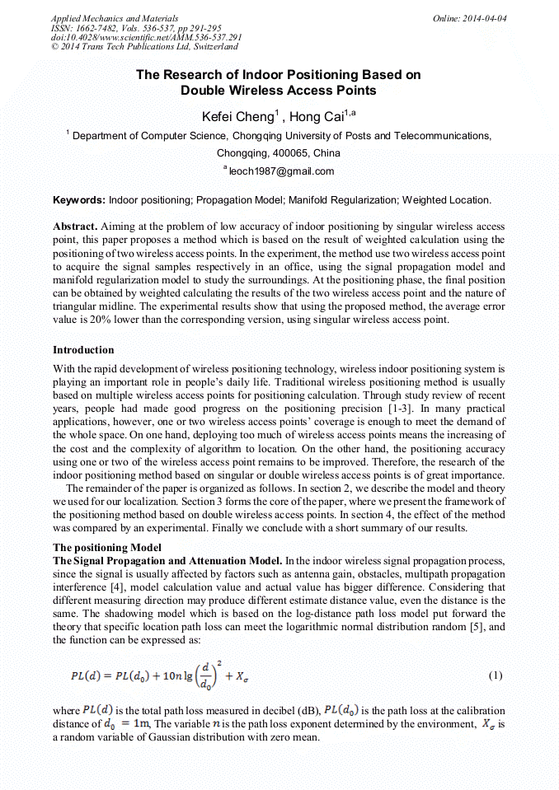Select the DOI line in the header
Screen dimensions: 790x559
coord(146,37)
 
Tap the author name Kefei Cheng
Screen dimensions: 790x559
coord(237,116)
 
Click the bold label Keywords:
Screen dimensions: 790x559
coord(79,200)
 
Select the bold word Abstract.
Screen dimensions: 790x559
coord(75,227)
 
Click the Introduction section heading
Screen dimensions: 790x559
coord(83,350)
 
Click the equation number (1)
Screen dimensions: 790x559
coord(495,675)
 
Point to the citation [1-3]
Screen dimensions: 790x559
coord(403,409)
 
